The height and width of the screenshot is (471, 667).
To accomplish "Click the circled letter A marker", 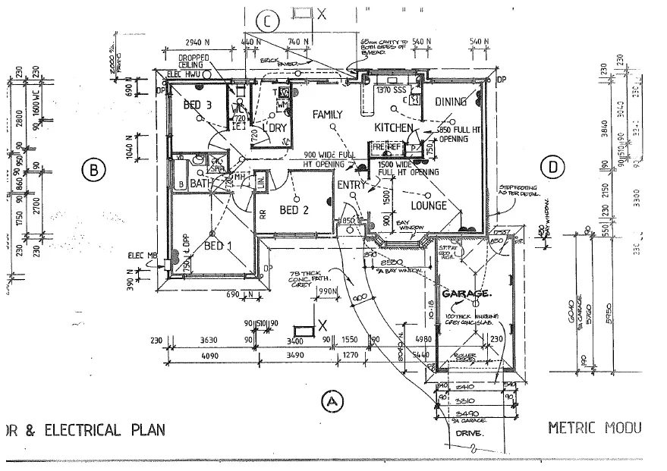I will [x=330, y=400].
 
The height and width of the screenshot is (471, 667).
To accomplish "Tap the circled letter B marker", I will [x=93, y=171].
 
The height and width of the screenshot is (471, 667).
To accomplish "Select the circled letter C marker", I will [x=267, y=20].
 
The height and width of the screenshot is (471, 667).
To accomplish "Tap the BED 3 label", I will [x=197, y=104].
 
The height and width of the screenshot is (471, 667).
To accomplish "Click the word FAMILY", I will [x=328, y=115].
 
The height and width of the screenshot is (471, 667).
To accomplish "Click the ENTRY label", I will [x=352, y=184].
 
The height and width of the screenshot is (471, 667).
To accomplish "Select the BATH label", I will [x=200, y=184].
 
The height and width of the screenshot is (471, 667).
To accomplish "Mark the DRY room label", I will [x=278, y=127].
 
